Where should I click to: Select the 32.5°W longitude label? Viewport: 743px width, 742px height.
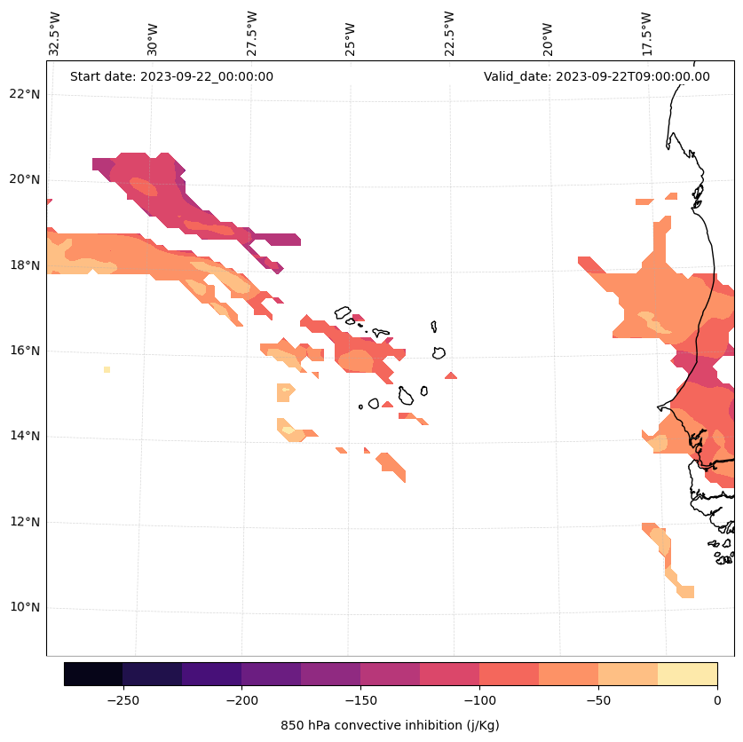(55, 34)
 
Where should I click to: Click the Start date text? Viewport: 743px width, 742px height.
(171, 76)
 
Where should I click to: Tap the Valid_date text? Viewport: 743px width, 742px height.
(597, 76)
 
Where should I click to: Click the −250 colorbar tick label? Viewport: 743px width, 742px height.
(123, 700)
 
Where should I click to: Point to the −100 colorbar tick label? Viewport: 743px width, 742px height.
(479, 700)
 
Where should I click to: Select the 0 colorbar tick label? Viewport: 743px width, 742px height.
(717, 700)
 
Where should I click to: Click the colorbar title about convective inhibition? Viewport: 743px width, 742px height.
(390, 725)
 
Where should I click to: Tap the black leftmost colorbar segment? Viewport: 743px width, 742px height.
(93, 674)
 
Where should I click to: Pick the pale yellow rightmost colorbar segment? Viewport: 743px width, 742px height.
(687, 674)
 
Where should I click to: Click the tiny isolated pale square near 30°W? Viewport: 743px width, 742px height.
(107, 369)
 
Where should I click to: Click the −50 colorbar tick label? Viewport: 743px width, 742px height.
(598, 700)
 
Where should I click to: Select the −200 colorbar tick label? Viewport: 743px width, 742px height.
(241, 700)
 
